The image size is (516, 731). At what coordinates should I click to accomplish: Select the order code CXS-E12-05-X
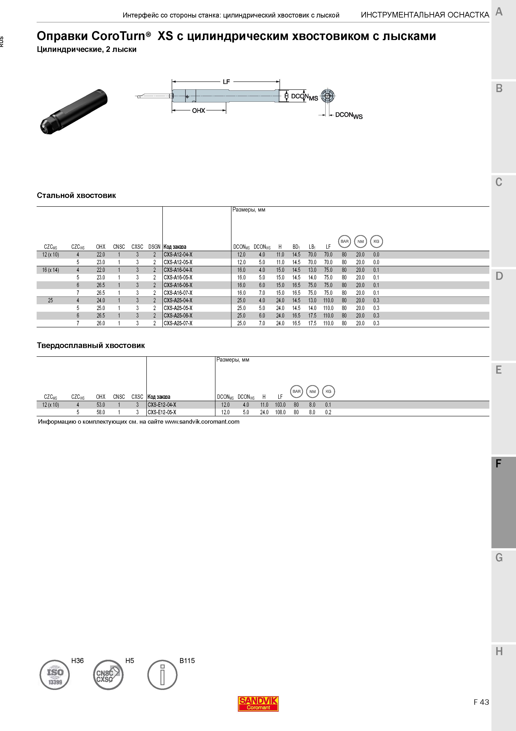click(162, 412)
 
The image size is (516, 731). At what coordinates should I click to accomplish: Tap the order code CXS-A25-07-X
click(178, 323)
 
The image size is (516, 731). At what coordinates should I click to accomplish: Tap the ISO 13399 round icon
click(55, 675)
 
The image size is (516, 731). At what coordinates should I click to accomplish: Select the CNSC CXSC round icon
click(108, 675)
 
